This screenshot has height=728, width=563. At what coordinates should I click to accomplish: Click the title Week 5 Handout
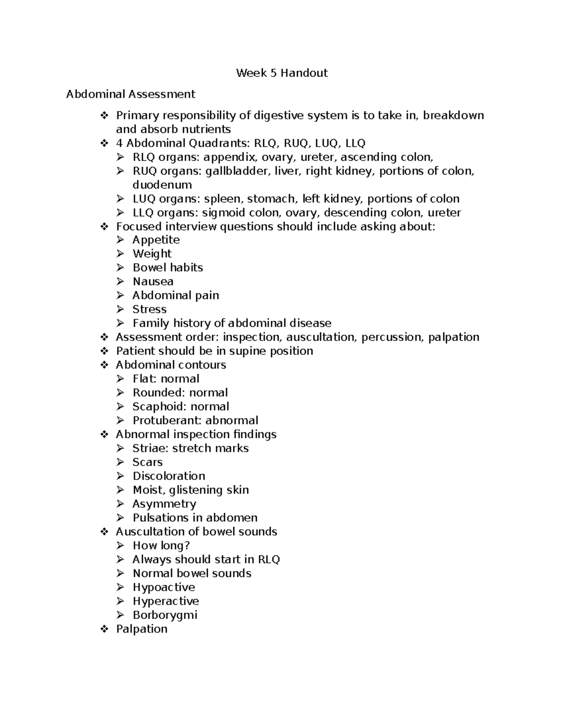coord(281,73)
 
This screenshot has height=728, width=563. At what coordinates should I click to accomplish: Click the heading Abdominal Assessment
coord(130,94)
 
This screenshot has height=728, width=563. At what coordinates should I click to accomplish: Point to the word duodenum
coord(162,185)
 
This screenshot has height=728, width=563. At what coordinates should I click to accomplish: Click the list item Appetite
coord(156,240)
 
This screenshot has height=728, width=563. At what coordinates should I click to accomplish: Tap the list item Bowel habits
coord(167,268)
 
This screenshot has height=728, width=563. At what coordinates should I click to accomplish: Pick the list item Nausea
coord(153,282)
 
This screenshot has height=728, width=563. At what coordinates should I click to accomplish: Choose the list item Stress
coord(149,309)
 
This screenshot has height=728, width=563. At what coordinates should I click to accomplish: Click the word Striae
coord(149,448)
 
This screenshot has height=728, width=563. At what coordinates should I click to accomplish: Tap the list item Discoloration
coord(169,476)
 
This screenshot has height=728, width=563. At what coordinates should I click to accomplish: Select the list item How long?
coord(161,546)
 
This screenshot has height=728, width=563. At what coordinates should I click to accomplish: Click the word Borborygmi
coord(165,615)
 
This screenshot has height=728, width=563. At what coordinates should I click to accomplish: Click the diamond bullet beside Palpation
coord(104,629)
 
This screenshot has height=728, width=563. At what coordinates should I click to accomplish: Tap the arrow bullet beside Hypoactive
coord(121,587)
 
